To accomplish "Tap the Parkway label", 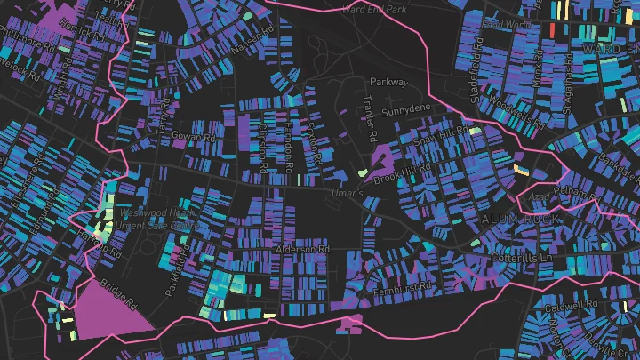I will (x=388, y=82).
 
